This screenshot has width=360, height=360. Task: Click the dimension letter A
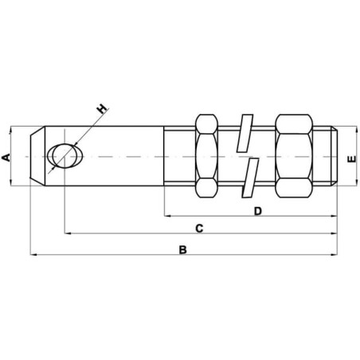coord(6,157)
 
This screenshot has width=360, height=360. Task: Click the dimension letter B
coord(182,250)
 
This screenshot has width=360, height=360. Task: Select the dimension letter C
coord(199,229)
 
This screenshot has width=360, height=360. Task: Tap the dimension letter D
coord(258,211)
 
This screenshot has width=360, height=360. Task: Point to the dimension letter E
coord(352,159)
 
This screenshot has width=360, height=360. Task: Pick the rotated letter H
coord(102,109)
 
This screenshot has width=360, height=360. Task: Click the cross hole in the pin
coord(65,156)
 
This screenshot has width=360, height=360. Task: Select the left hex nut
coord(206,156)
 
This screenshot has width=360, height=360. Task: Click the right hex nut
coord(294,156)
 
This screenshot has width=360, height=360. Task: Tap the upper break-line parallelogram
coord(245,133)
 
